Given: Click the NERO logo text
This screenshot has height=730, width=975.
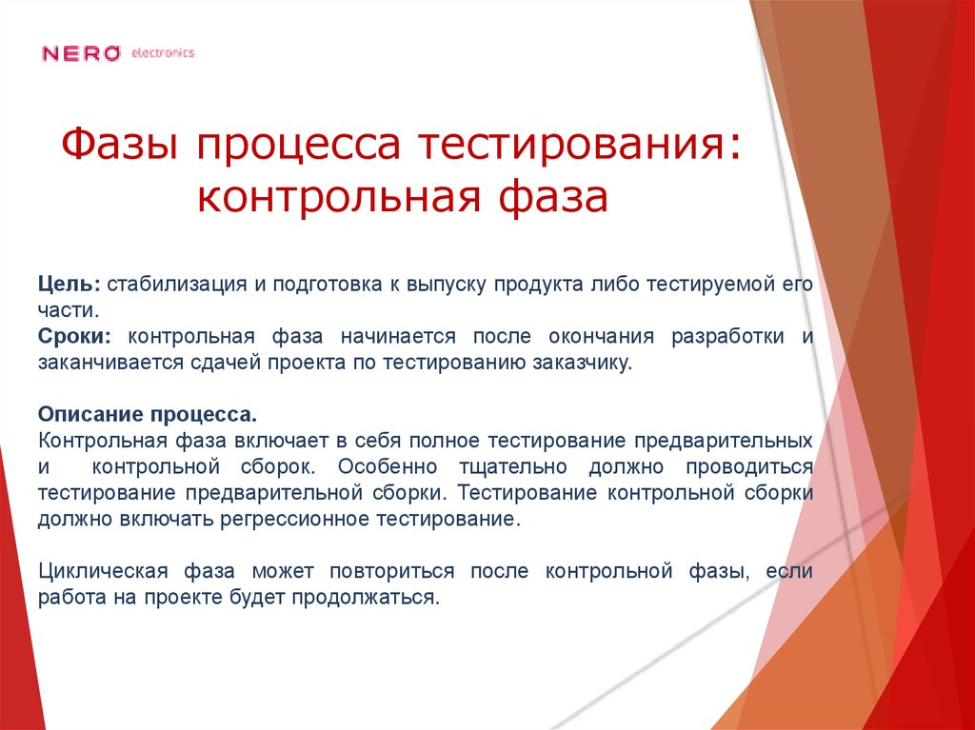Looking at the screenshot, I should pos(81,54).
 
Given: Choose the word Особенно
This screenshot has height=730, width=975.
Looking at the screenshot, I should pos(387,467).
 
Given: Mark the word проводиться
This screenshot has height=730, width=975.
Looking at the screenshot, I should pos(758,467).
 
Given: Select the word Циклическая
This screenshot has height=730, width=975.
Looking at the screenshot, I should pos(104,572).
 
